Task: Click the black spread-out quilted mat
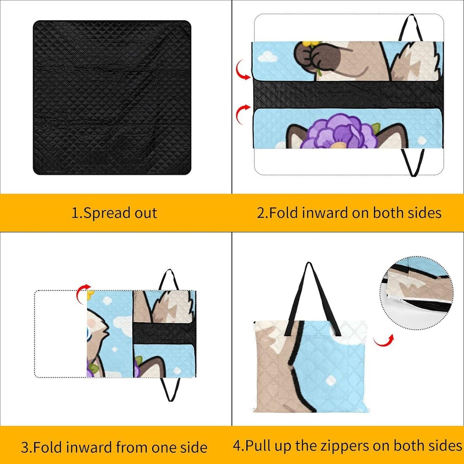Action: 112,97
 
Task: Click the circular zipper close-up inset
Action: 416,292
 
